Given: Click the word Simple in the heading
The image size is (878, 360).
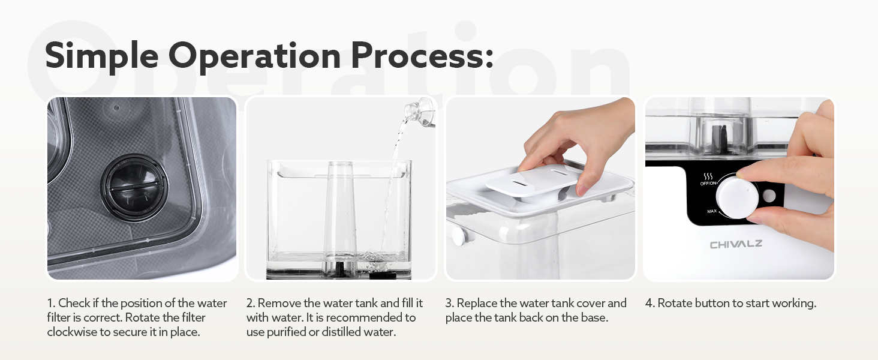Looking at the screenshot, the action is click(x=102, y=56).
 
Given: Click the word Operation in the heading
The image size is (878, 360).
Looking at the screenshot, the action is click(x=255, y=56).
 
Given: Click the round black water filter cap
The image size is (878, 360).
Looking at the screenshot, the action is click(x=134, y=187).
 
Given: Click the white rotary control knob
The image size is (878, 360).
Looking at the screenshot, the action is click(x=736, y=197).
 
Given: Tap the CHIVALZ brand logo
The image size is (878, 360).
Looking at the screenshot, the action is click(x=736, y=244).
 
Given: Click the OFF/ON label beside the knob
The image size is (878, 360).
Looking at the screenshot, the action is click(x=709, y=184).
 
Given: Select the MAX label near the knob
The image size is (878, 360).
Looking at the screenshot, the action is click(x=712, y=211).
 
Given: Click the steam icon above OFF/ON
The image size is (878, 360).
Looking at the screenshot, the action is click(x=708, y=176).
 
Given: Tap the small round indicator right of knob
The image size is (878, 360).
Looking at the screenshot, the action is click(x=769, y=196).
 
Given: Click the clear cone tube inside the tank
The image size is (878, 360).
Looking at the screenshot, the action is click(x=340, y=215).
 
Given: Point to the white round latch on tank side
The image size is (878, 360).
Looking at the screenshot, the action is click(x=461, y=236).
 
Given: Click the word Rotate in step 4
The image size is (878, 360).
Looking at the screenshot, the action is click(x=675, y=303).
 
